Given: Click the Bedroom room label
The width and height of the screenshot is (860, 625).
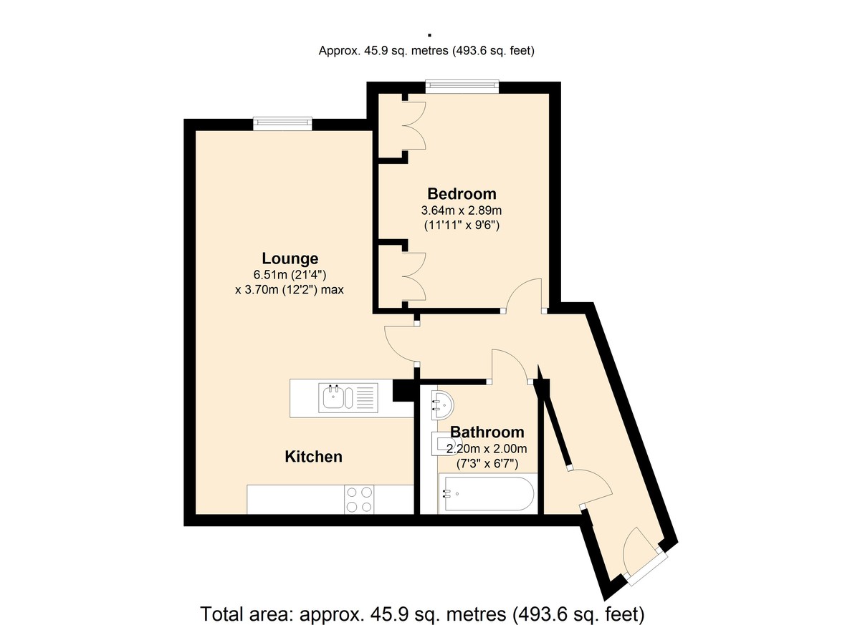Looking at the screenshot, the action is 462,194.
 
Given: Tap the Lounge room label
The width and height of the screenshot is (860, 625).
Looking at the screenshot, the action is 290,259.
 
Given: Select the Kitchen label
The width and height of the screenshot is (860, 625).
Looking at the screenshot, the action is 313,457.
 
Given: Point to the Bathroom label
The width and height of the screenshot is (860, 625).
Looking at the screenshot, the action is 487,432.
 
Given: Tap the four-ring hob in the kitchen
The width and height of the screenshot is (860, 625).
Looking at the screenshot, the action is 359,500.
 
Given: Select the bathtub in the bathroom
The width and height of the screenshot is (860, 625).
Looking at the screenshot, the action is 488,493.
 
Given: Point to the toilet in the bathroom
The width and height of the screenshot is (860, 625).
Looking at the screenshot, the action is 441,444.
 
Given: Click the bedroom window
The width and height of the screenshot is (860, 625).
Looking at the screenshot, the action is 462,86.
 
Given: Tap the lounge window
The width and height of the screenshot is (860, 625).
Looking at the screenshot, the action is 282,123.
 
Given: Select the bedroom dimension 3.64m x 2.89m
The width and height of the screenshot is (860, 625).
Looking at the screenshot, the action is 462,210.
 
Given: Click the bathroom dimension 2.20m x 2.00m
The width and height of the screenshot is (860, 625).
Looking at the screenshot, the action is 487,449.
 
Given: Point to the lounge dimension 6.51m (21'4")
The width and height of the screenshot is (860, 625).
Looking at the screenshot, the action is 290,275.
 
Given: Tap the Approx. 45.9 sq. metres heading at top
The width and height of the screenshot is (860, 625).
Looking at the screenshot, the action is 426,51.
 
